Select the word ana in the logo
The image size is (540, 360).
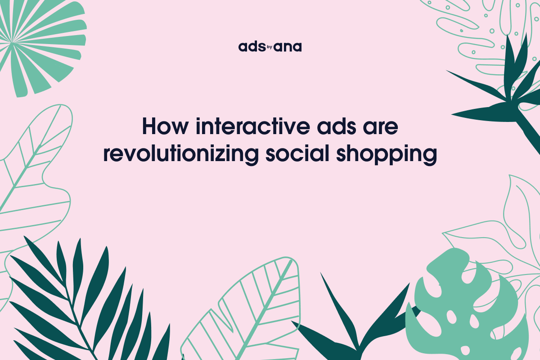[288, 47]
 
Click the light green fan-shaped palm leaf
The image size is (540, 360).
[36, 40]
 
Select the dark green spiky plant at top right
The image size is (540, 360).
[504, 90]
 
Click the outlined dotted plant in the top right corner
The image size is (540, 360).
[486, 27]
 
